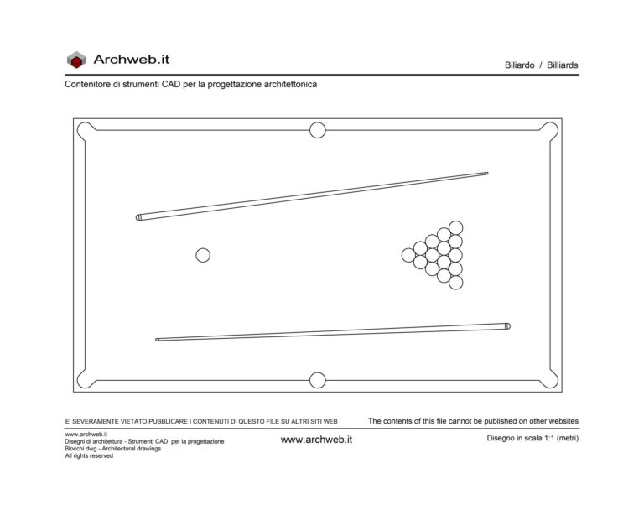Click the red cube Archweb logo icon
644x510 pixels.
[76, 60]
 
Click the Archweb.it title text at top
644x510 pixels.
[132, 60]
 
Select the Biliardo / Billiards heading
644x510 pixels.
[541, 65]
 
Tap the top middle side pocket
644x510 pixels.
[317, 130]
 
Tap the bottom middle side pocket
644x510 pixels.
[317, 380]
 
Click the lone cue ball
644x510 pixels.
[203, 255]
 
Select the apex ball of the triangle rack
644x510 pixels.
[408, 255]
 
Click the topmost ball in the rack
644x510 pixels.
[455, 227]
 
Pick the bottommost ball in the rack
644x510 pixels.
[455, 283]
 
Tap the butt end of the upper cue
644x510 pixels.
[140, 217]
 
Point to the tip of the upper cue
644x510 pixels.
[486, 174]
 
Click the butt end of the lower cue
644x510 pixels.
[506, 325]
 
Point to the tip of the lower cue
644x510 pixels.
[158, 340]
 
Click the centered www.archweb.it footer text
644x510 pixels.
[316, 440]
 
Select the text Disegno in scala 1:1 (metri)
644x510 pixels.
[532, 438]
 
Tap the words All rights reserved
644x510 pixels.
[89, 455]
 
